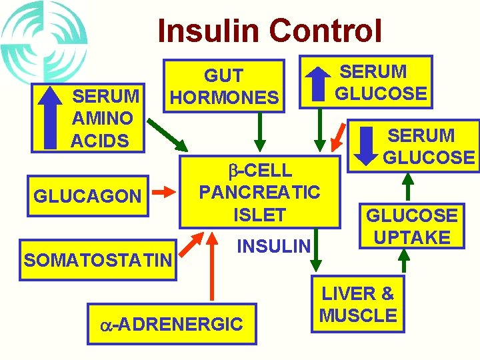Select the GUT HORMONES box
point(224,87)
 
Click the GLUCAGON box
point(87,196)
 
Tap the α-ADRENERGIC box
point(172,325)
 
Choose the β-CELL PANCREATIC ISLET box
point(260,192)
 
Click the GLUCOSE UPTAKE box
point(411,226)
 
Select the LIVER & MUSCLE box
point(359,304)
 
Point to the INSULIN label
point(274,247)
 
